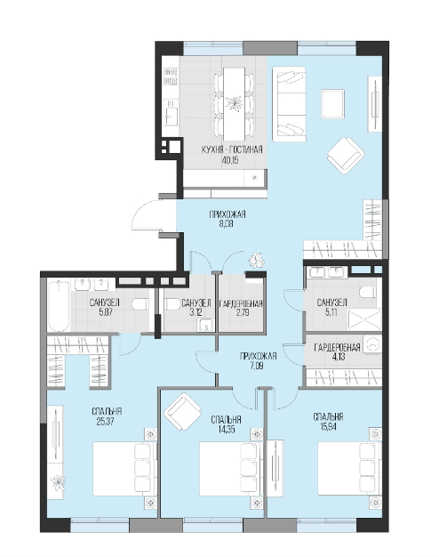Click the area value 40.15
point(229,160)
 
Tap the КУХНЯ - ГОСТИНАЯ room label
point(232,149)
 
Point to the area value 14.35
point(227,430)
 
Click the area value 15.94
point(328,426)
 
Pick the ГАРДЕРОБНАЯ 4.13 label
point(337,351)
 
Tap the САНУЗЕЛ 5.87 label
point(104,307)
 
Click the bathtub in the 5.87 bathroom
point(58,306)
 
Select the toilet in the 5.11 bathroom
point(368,293)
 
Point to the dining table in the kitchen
point(234,103)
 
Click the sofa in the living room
point(289,104)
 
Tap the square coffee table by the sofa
point(332,104)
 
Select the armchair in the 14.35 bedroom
point(182,411)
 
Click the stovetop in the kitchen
point(171,77)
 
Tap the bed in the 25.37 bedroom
point(124,468)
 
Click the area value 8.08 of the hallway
point(226,224)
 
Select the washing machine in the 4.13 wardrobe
point(372,343)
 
